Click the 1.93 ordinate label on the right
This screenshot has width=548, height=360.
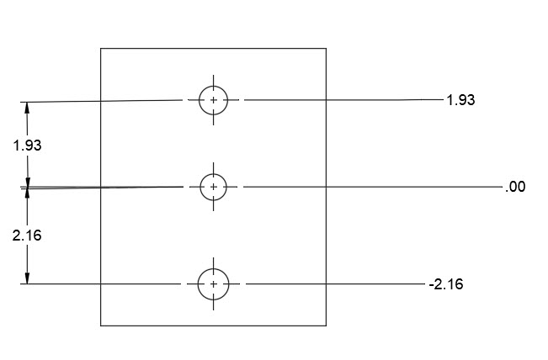460,100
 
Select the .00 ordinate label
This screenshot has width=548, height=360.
515,188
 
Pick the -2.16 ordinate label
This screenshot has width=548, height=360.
445,285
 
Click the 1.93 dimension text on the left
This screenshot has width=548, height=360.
27,145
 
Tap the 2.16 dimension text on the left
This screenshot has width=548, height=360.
27,236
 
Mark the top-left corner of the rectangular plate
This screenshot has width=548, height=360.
101,49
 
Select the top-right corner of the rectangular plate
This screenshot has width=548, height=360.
326,49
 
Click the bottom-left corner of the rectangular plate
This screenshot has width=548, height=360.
101,326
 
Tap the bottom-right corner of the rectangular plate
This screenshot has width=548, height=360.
326,326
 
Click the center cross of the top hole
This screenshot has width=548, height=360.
213,100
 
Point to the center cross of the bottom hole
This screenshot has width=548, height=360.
213,284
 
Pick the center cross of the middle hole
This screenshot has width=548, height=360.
213,186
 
